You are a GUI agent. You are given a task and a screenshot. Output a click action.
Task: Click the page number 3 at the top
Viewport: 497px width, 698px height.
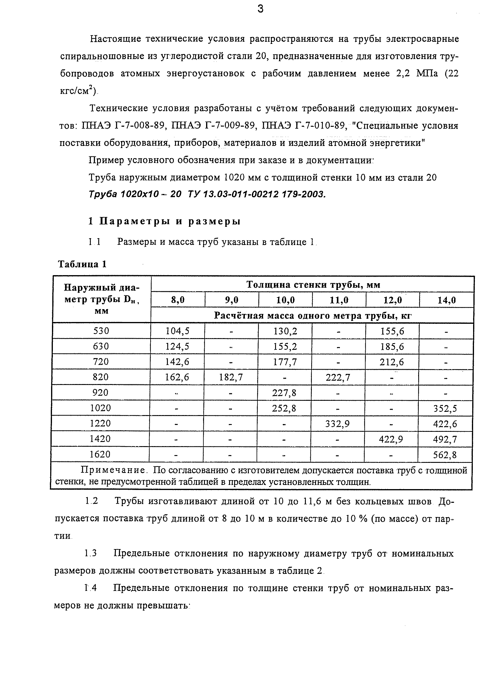pos(260,9)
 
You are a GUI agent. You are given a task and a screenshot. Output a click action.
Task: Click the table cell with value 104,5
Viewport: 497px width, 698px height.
pos(177,331)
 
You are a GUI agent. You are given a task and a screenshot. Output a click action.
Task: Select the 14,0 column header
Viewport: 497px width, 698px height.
pos(447,300)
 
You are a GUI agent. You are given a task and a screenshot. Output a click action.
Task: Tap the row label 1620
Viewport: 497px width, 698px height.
pos(100,454)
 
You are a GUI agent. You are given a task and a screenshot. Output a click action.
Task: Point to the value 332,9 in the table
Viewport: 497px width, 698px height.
pos(338,424)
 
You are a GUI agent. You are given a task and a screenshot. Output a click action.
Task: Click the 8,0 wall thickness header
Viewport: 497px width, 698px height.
pos(178,300)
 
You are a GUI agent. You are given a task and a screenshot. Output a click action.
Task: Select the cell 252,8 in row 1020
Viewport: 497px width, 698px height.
pos(284,408)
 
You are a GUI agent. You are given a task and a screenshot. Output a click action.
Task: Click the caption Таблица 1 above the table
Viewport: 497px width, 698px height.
pos(82,264)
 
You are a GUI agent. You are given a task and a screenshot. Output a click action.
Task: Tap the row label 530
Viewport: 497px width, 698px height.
pos(101,331)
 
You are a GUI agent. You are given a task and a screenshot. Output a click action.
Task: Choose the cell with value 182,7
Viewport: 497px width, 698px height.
pos(231,377)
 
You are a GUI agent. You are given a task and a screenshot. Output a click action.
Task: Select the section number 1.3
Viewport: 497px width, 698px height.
pos(90,554)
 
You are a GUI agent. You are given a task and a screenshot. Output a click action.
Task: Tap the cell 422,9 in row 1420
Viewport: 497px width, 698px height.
pos(391,439)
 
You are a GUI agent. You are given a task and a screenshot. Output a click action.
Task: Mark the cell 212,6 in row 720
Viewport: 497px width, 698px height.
pos(392,362)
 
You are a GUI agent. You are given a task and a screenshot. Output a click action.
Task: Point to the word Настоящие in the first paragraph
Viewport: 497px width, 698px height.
pos(115,39)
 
